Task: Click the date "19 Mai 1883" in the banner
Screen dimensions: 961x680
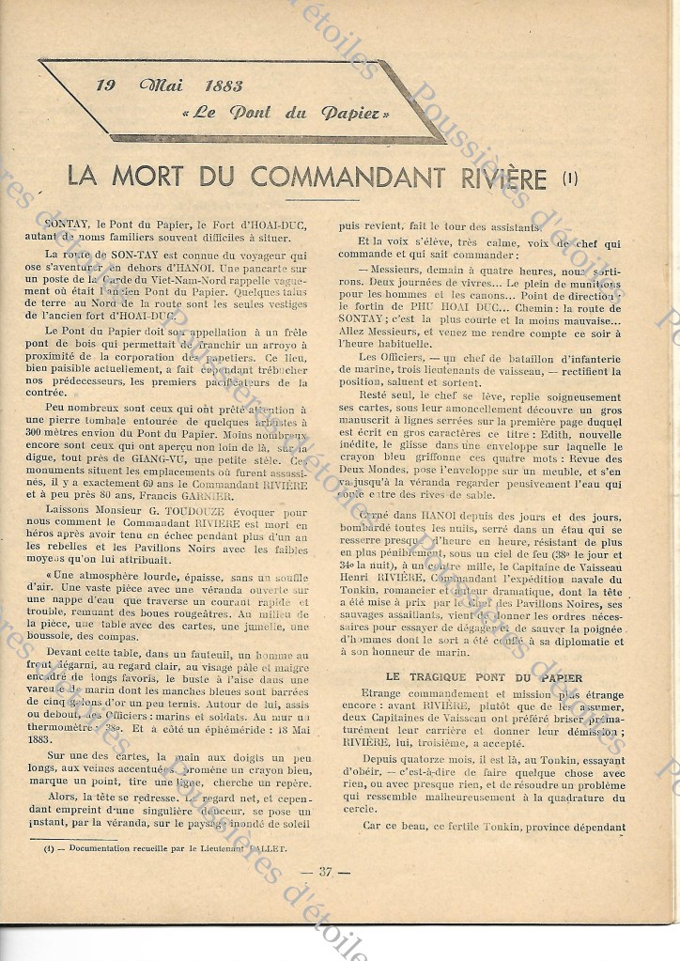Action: (169, 86)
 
